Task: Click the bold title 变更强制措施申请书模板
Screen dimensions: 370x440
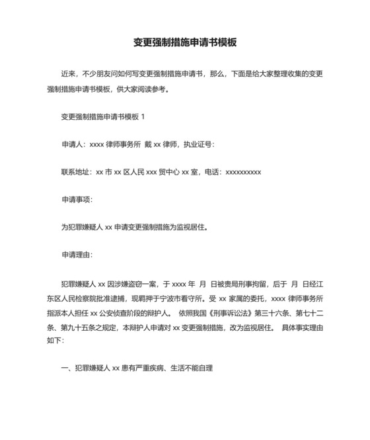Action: click(184, 42)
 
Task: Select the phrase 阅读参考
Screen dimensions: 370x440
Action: click(155, 89)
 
